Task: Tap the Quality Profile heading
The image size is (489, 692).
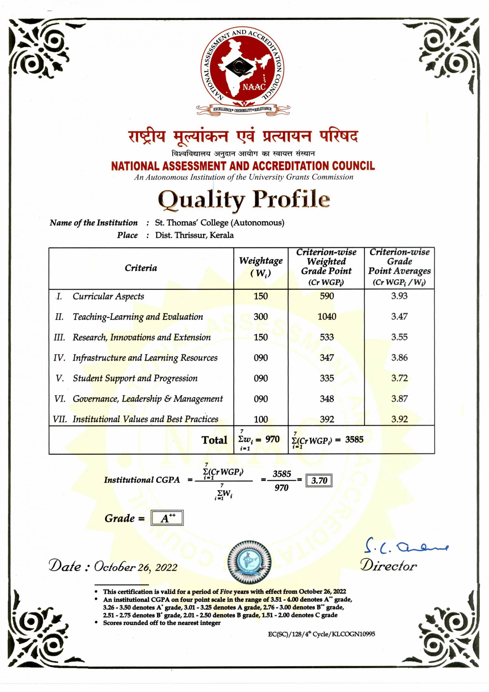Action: pos(244,199)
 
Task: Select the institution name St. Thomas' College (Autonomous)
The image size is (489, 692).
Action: pos(219,223)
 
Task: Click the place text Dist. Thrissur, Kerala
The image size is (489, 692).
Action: pos(194,235)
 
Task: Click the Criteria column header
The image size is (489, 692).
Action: pos(141,268)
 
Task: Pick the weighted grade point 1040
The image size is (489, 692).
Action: pos(327,317)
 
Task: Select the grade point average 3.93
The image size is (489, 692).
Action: pos(399,296)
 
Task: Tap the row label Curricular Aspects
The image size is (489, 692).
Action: pos(108,296)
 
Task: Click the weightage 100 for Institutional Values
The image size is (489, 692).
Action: pos(261,419)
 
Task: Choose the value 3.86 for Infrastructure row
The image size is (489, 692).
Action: pos(399,357)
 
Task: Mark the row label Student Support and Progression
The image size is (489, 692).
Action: pos(135,378)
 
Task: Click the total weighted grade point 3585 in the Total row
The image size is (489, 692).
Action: pos(354,440)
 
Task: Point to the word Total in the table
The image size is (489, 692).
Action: pos(214,440)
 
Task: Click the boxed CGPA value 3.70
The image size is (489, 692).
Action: pos(319,480)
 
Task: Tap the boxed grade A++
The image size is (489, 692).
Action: pos(167,518)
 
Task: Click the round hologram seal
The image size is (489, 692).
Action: pos(249,562)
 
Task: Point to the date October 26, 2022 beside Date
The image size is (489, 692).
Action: pos(136,567)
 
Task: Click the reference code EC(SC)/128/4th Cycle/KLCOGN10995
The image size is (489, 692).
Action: pos(321,634)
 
